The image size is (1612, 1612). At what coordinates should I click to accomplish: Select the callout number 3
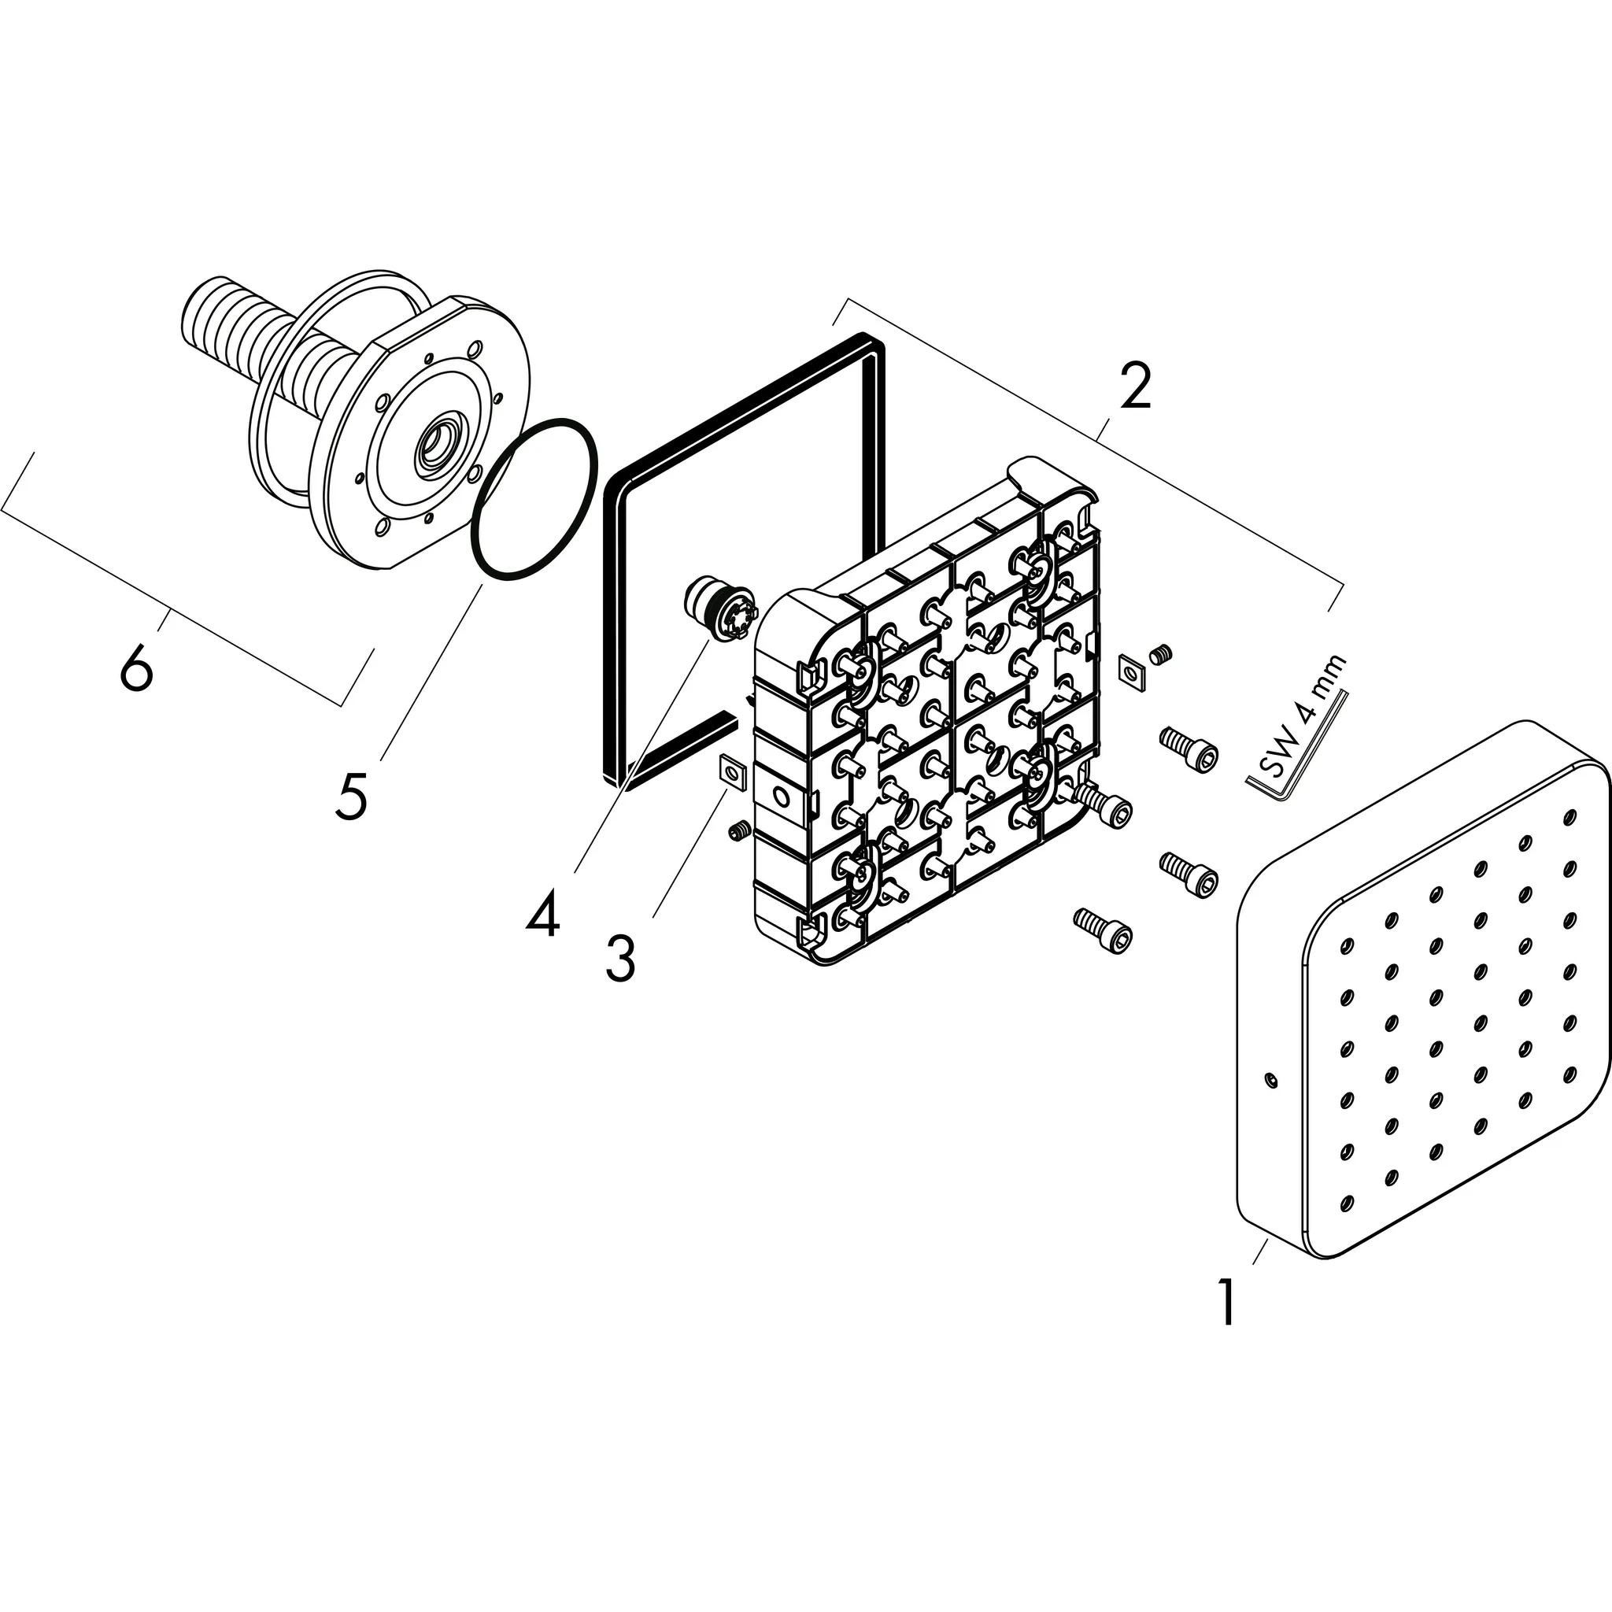coord(619,960)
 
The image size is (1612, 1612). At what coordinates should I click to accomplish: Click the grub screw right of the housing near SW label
coord(1161,655)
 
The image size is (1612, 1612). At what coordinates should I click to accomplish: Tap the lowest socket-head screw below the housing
coord(1103,930)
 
